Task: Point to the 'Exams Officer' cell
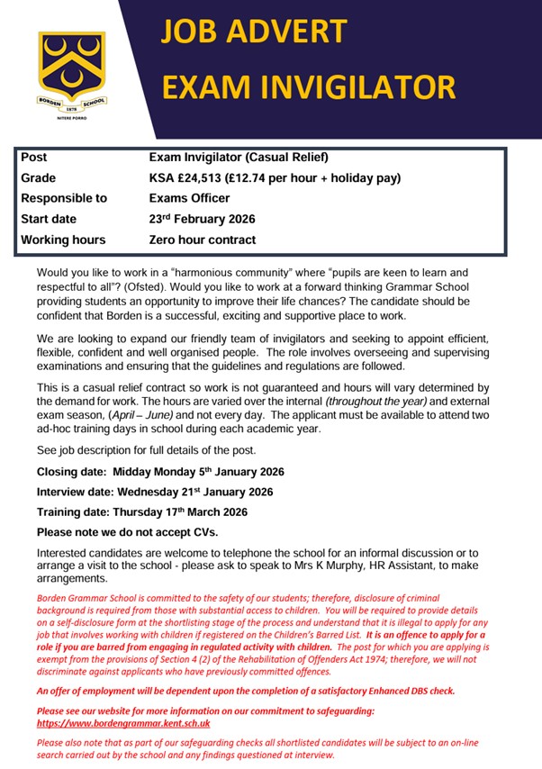point(189,198)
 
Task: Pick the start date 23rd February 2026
point(202,219)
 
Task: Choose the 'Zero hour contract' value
point(202,240)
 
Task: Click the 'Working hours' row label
point(63,240)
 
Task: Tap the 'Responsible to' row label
point(64,198)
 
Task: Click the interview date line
point(155,492)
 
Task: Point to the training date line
point(142,511)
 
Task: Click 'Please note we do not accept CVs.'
point(128,532)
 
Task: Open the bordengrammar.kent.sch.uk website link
point(123,722)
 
